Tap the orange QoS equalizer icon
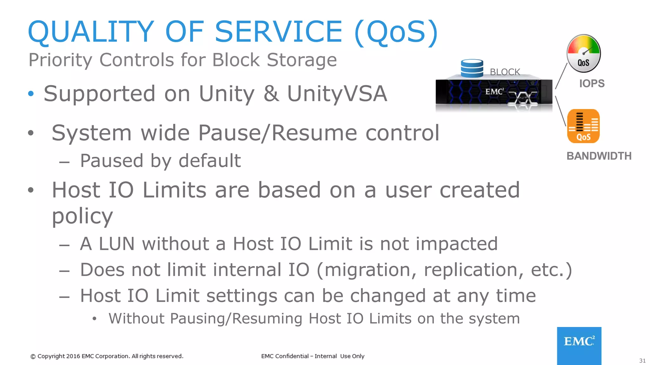583,126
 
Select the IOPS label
592,84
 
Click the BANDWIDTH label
599,156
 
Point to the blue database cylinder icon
472,68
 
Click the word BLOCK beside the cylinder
505,72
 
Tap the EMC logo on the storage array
494,92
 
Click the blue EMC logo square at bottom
579,345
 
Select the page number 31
642,361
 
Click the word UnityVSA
337,94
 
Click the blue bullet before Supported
31,94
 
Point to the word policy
82,216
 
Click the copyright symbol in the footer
33,356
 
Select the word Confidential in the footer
292,356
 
